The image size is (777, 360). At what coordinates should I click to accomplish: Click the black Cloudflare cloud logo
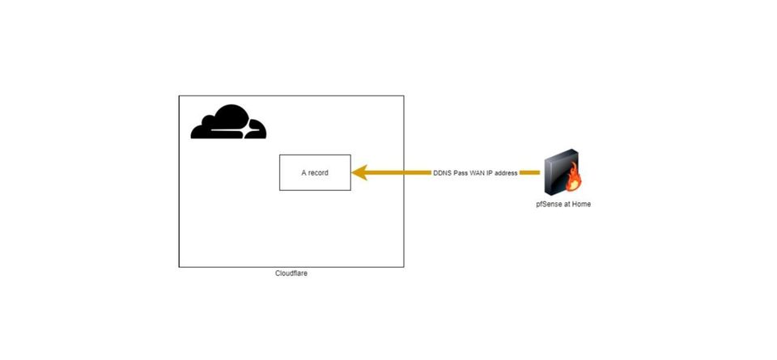tap(228, 123)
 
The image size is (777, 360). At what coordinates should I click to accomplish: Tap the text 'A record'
tap(315, 172)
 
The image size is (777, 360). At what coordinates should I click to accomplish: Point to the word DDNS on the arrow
tap(443, 172)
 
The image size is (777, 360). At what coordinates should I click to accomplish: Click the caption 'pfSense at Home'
tap(564, 205)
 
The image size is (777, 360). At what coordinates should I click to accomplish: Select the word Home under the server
tap(581, 205)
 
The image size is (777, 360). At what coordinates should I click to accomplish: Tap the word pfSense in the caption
tap(550, 205)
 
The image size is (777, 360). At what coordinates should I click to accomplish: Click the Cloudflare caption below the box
tap(291, 273)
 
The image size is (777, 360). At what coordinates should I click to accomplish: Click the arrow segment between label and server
tap(529, 172)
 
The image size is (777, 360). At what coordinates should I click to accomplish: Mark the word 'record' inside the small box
tap(319, 172)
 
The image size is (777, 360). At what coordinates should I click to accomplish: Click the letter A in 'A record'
tap(304, 172)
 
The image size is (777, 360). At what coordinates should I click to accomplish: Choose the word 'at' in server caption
tap(567, 205)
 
